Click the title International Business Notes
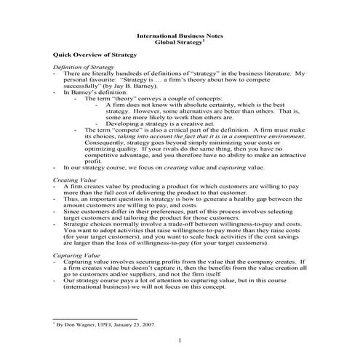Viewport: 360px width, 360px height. click(180, 36)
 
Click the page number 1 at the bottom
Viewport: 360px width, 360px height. click(180, 340)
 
